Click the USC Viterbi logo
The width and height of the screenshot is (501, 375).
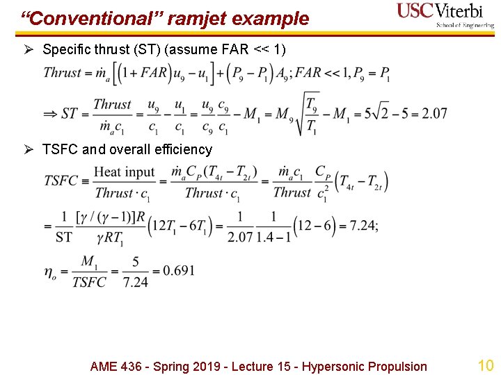tap(445, 15)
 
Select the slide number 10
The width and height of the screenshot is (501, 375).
tap(485, 365)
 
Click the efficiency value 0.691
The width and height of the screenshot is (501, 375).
tap(179, 270)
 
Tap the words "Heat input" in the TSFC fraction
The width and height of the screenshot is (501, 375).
tap(124, 172)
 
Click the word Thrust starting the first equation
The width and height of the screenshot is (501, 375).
tap(62, 73)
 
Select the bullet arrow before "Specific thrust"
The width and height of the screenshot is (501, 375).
tap(31, 49)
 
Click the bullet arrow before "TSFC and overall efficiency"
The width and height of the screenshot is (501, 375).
tap(31, 149)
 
